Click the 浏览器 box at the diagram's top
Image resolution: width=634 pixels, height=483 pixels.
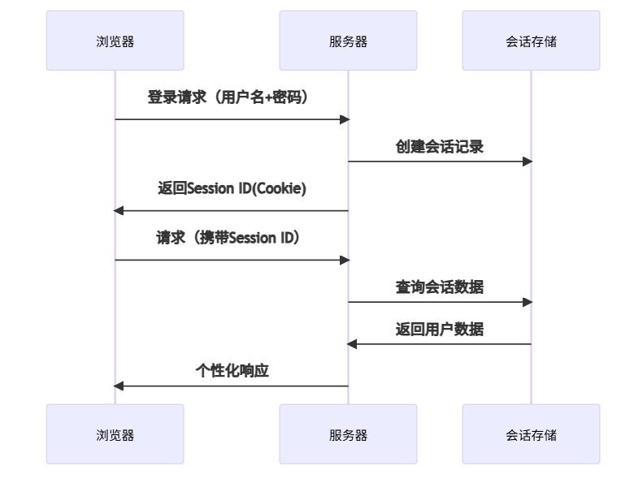tap(115, 41)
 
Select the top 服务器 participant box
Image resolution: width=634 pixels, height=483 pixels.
tap(348, 41)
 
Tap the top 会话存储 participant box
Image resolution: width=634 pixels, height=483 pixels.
tap(531, 41)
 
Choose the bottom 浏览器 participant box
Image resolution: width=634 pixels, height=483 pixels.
tap(115, 434)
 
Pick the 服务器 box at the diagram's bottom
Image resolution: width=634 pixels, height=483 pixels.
tap(348, 434)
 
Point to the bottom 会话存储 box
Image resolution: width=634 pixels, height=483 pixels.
tap(531, 434)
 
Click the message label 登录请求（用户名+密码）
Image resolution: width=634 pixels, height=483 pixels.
tap(232, 97)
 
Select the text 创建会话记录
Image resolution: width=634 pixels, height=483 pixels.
tap(440, 146)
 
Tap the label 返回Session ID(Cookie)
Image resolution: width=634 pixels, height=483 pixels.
tap(232, 188)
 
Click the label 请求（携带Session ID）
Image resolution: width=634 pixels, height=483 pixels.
tap(232, 238)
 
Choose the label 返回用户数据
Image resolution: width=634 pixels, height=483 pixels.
tap(440, 329)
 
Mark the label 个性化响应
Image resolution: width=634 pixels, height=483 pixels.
tap(232, 371)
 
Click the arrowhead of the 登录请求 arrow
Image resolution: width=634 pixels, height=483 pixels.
tap(344, 119)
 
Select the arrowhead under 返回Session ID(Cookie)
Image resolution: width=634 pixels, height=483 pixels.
tap(119, 211)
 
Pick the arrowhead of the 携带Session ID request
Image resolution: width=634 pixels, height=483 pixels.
tap(344, 260)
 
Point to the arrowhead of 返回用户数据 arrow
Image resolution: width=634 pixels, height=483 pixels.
tap(353, 344)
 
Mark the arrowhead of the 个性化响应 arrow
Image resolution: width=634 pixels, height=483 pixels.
tap(119, 386)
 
